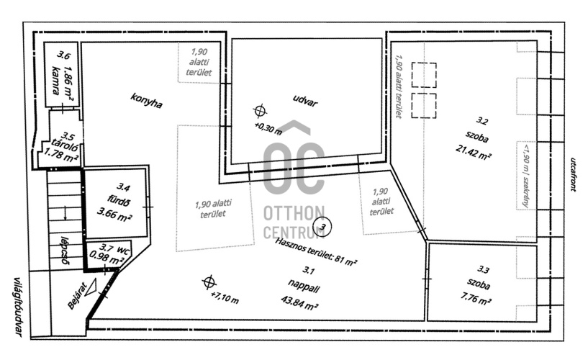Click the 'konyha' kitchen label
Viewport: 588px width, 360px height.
(146, 101)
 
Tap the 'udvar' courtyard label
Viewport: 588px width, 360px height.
(305, 100)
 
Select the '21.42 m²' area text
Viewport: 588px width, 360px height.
(474, 153)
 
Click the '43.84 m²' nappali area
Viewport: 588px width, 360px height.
(299, 302)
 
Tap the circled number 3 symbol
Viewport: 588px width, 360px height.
(323, 227)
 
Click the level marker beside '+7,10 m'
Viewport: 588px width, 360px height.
(209, 282)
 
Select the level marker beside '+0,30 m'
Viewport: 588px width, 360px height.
(260, 111)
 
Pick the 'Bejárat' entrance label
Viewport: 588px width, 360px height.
(76, 295)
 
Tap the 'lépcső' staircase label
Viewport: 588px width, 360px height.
(64, 250)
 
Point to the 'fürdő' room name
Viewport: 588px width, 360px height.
(119, 201)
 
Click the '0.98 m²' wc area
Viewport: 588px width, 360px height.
(107, 258)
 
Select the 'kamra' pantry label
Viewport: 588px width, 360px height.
(56, 80)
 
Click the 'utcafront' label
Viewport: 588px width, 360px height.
(573, 174)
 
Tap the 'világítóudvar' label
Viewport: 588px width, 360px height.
(17, 307)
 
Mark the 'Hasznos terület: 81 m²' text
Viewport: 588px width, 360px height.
(316, 252)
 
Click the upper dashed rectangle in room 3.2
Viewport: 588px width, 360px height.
(424, 75)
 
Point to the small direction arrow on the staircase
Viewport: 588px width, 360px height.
(65, 212)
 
